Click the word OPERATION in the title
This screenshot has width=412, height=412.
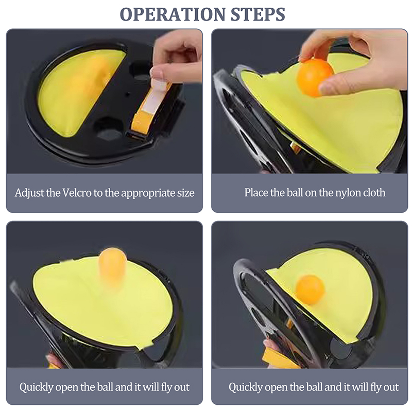(x=173, y=14)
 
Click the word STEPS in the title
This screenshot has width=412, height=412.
(x=258, y=14)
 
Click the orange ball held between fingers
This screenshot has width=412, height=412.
(x=315, y=78)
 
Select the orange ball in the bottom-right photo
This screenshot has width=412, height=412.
(x=310, y=289)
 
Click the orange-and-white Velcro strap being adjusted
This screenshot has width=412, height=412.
(x=150, y=107)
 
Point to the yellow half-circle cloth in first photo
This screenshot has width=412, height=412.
(x=79, y=92)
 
